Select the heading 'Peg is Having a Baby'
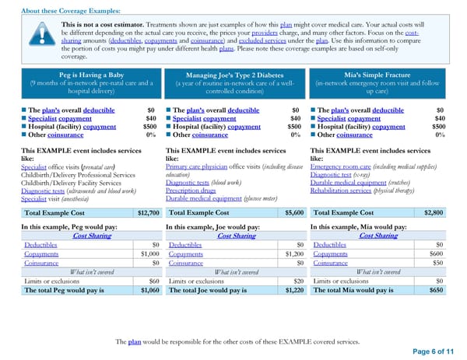pyautogui.click(x=90, y=74)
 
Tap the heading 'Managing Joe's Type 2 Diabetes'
pyautogui.click(x=234, y=74)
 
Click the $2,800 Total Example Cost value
pyautogui.click(x=434, y=212)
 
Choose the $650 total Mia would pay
pyautogui.click(x=437, y=290)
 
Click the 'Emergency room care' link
pyautogui.click(x=342, y=167)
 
